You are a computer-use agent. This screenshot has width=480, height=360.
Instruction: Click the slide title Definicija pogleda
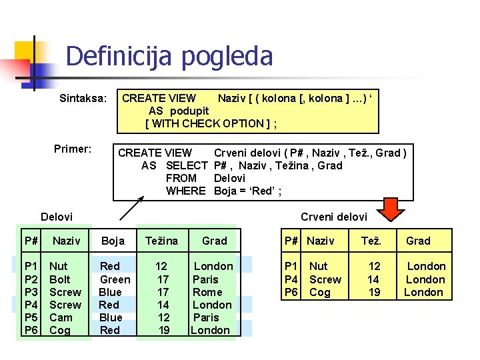[169, 56]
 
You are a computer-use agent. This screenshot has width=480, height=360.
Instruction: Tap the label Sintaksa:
[83, 99]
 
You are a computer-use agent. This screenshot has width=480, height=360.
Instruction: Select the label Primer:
[73, 149]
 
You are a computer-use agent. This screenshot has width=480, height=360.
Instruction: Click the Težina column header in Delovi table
[161, 241]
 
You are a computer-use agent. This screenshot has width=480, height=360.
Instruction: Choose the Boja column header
[113, 241]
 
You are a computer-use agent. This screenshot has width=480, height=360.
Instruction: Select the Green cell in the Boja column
[115, 279]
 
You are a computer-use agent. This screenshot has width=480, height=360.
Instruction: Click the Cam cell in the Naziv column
[61, 317]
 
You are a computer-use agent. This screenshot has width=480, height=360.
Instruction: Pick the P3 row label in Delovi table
[31, 292]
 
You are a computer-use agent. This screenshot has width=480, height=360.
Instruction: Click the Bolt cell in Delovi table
[60, 279]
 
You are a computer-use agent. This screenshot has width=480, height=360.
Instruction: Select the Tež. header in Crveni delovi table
[371, 241]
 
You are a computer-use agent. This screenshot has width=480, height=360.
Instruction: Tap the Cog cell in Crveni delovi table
[319, 292]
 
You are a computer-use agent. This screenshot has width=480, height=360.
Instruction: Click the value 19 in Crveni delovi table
[374, 292]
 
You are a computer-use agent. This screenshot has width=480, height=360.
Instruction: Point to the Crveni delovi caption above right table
[333, 217]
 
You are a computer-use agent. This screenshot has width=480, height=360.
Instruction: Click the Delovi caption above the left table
[57, 217]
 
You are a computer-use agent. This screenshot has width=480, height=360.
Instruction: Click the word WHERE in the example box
[185, 191]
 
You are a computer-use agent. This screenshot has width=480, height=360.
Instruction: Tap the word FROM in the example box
[181, 178]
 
